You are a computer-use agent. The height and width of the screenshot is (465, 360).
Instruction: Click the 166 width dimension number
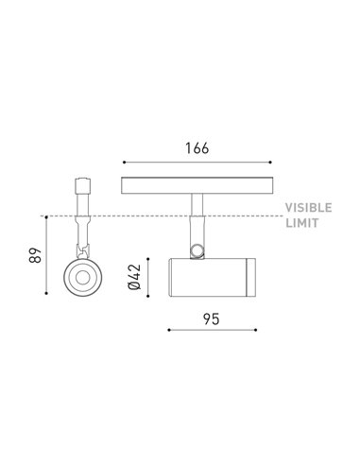coord(197,149)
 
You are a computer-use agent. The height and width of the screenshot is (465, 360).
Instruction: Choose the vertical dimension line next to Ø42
coord(150,275)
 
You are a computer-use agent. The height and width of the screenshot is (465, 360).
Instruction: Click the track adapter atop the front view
coord(80,188)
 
